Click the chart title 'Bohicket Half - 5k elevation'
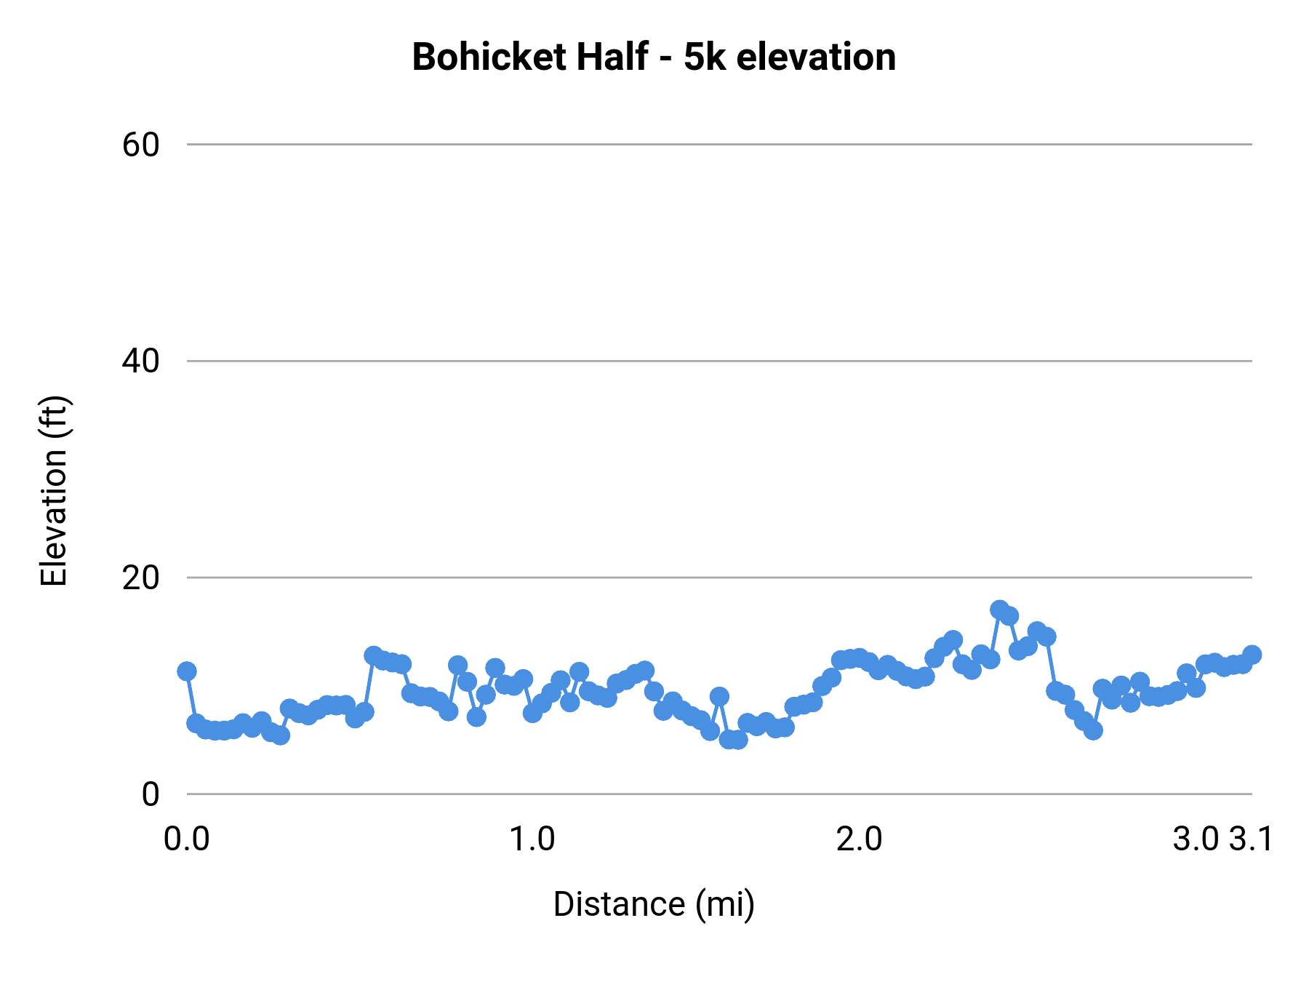coord(654,57)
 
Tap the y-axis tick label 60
coord(140,145)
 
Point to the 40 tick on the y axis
coord(140,361)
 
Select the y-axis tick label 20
coord(140,578)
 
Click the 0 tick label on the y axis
coord(151,794)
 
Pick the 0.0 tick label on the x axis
coord(187,839)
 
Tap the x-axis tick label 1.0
coord(532,839)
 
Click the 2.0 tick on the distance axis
coord(859,839)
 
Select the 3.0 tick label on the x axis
coord(1196,839)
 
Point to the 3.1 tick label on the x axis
coord(1252,839)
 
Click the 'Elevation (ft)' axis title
coord(54,491)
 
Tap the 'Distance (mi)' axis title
coord(654,904)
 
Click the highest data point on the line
coord(1000,609)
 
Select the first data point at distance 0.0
coord(187,671)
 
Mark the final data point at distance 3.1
coord(1252,654)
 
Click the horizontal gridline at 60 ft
coord(719,145)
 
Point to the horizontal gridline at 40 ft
coord(719,361)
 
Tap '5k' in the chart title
coord(705,57)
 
